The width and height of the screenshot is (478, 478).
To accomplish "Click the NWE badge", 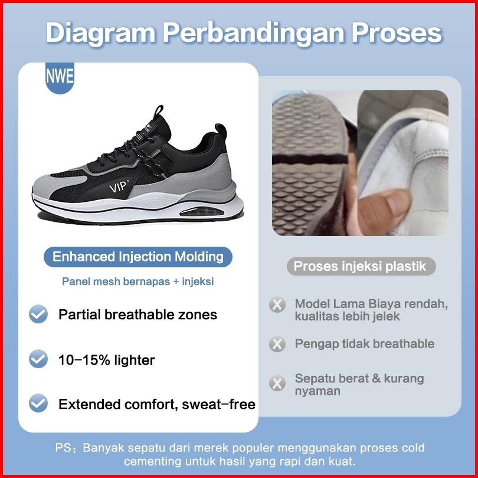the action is pos(60,77).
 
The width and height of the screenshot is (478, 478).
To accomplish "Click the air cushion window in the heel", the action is pos(201,212).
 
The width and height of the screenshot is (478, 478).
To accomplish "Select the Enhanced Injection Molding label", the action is pos(138,257).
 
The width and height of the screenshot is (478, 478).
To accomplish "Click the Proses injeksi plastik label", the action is pos(361,266).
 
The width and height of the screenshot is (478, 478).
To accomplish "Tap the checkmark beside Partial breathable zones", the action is pos(38,314).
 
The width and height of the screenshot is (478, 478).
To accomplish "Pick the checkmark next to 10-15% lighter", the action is pos(38,359).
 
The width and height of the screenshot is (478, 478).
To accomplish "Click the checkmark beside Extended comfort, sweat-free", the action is pos(38,403).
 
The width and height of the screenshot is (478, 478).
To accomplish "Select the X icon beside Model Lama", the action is pos(277,305).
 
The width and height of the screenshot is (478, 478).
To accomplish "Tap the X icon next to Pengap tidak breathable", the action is pos(277,344).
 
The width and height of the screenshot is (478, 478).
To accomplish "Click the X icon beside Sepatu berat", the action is pos(277,383).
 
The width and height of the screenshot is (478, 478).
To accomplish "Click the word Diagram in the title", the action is pos(100,33).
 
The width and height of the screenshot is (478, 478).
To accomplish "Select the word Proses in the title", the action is pos(397,32).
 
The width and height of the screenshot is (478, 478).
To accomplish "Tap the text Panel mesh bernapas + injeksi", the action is pos(137,281).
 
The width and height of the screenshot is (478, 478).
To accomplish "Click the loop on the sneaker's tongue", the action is pos(158,112).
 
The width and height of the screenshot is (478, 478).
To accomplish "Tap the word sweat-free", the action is pos(218,404).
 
